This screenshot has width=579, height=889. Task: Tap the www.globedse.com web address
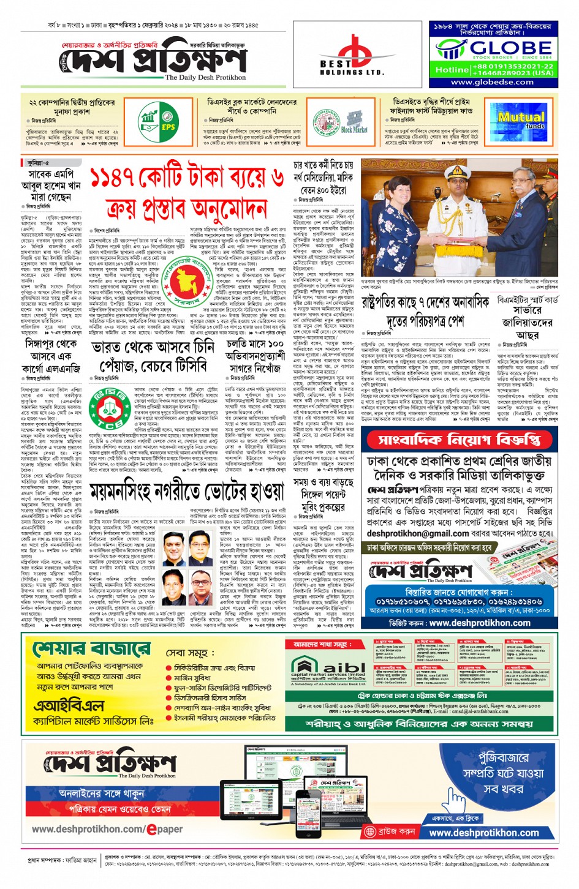tap(492, 82)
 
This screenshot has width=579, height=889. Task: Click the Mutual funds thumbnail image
tap(521, 120)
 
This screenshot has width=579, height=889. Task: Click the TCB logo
tap(109, 408)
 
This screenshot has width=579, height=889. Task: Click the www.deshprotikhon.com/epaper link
tap(107, 829)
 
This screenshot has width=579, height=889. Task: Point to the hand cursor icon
tap(455, 798)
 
